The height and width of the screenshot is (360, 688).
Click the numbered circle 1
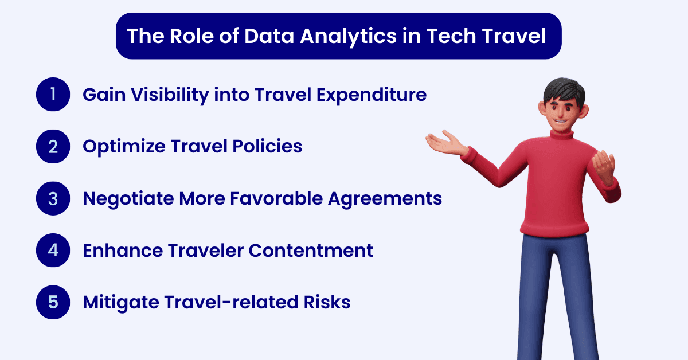pyautogui.click(x=53, y=95)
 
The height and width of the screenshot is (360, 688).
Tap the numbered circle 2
pyautogui.click(x=53, y=147)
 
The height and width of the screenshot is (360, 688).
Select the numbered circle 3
pyautogui.click(x=53, y=198)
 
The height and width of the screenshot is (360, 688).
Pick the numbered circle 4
pyautogui.click(x=53, y=251)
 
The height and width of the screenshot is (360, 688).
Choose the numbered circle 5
pyautogui.click(x=53, y=302)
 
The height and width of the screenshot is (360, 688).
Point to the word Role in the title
pyautogui.click(x=192, y=36)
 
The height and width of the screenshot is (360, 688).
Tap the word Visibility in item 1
pyautogui.click(x=165, y=95)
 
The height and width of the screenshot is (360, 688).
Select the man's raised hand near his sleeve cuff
pyautogui.click(x=603, y=166)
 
